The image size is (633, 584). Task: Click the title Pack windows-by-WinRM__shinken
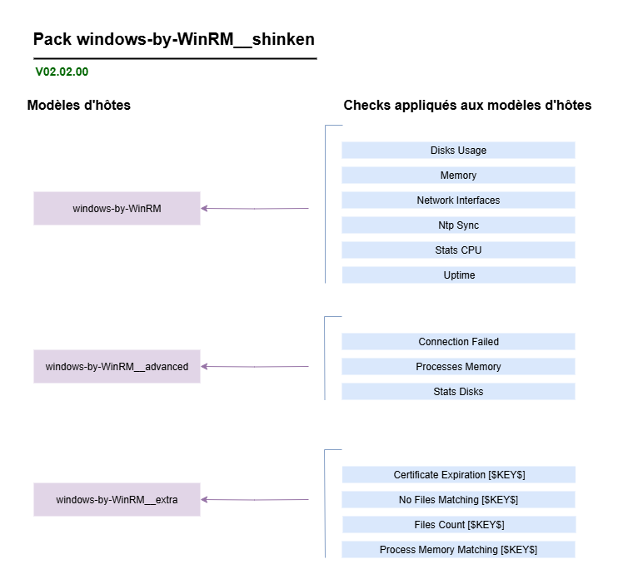174,39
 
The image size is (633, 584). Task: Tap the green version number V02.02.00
62,72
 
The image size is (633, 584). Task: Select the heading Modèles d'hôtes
79,106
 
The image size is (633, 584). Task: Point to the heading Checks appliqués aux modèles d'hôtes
467,106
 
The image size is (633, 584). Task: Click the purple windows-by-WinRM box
117,208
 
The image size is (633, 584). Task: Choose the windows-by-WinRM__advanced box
117,366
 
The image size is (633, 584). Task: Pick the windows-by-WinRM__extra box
117,499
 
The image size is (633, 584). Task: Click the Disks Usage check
458,151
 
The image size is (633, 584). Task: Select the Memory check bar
458,176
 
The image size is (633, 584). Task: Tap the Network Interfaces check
458,200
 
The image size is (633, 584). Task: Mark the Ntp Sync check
458,225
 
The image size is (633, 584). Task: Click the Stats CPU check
458,250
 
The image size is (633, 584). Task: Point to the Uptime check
458,275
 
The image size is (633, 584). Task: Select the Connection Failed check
458,342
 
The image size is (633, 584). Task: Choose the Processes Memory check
458,367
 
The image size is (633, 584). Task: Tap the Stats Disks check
458,392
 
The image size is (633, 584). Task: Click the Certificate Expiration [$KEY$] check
458,475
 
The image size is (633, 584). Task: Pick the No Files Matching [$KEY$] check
458,500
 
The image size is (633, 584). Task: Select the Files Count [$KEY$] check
458,525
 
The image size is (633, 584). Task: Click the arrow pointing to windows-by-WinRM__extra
255,500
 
